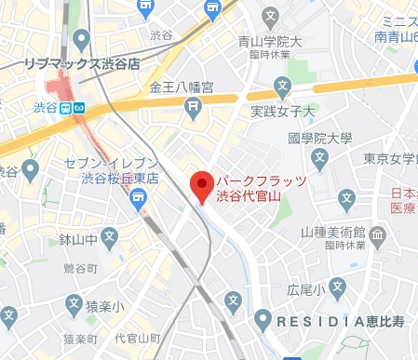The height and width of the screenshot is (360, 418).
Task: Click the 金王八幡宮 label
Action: (182, 88)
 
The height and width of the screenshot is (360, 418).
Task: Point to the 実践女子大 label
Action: (285, 112)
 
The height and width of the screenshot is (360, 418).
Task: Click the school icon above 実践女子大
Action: (284, 89)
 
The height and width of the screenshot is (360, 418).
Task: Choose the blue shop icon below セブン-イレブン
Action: (139, 196)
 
